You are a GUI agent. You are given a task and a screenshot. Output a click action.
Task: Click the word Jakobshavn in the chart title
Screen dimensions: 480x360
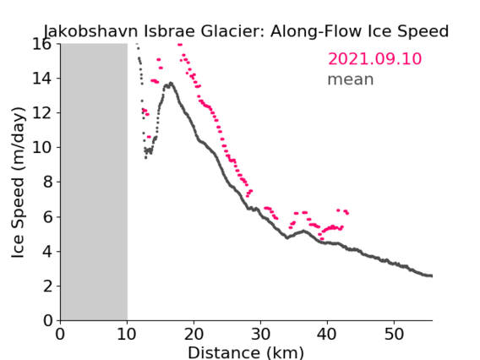tap(91, 31)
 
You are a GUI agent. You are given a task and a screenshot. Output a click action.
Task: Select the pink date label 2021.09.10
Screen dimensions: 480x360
tap(374, 59)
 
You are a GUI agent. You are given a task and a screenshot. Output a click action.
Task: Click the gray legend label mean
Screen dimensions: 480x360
tap(351, 79)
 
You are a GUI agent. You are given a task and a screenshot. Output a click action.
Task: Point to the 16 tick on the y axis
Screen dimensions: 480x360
tap(41, 44)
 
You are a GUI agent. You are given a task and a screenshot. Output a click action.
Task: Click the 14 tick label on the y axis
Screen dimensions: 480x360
tap(41, 79)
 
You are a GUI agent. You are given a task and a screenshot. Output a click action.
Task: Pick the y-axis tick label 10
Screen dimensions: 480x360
tap(41, 147)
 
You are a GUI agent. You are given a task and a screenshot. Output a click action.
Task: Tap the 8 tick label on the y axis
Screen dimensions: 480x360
tap(47, 182)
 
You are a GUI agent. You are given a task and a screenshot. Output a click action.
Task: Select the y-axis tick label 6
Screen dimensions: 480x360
tap(47, 216)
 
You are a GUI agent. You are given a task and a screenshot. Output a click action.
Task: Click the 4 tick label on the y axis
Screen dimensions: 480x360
tap(47, 251)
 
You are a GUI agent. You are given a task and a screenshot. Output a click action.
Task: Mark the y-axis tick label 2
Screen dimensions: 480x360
tap(47, 286)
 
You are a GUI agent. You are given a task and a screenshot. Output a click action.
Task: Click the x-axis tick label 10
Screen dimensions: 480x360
tap(127, 334)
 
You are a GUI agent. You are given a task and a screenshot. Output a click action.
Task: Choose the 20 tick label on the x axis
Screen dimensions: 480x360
tap(194, 334)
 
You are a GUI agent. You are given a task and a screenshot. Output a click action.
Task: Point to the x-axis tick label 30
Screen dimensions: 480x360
tap(260, 334)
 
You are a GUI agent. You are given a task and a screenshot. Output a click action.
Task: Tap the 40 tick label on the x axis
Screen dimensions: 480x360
tap(327, 334)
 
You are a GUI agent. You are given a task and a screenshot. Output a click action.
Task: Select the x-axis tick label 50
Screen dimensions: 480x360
tap(394, 334)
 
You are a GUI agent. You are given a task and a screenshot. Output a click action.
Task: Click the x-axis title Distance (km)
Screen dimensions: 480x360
tap(246, 352)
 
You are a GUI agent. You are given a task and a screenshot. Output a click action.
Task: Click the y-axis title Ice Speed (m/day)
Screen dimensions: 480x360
tap(18, 183)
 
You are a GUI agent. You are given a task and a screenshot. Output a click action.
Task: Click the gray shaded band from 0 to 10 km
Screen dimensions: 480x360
tap(94, 182)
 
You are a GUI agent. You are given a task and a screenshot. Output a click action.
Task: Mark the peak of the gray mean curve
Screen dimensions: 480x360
tap(171, 83)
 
